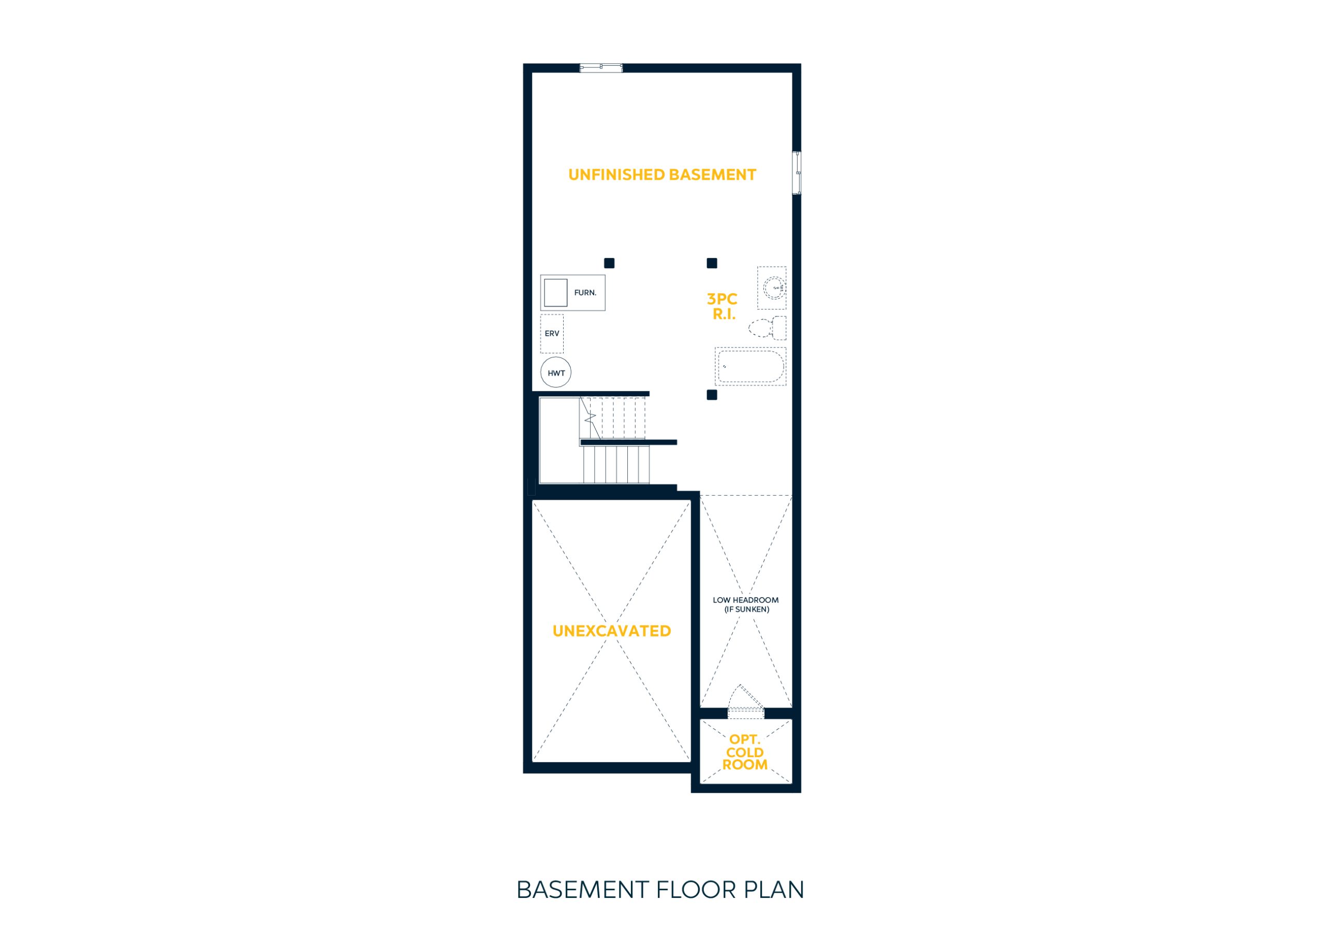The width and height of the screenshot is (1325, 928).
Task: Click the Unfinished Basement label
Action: coord(662,175)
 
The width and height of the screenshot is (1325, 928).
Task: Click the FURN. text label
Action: coord(585,293)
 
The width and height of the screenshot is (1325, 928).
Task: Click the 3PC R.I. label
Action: coord(723,307)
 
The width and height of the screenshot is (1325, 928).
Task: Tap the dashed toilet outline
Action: coord(768,328)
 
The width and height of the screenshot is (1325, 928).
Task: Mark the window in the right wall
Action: coord(797,172)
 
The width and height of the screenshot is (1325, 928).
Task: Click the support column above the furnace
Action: coord(609,263)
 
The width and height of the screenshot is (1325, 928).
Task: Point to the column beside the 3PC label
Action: coord(712,263)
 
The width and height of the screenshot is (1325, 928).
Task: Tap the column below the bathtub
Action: coord(712,395)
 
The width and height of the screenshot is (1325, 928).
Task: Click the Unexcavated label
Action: coord(612,631)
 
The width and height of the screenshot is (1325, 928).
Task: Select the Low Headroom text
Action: coord(746,605)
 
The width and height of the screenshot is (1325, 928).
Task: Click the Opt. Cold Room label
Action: coord(745,752)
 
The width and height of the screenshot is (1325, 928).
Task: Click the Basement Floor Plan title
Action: coord(660,890)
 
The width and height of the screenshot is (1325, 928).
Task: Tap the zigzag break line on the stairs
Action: coord(590,417)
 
